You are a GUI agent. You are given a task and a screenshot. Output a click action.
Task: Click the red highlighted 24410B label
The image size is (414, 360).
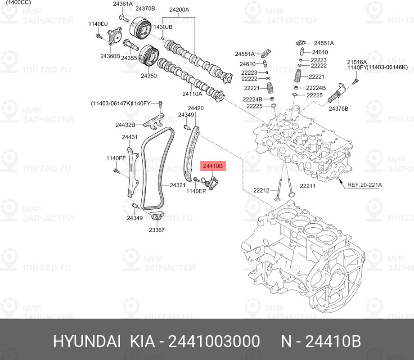(213, 166)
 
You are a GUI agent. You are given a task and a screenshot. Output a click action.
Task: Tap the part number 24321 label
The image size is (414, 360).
(178, 185)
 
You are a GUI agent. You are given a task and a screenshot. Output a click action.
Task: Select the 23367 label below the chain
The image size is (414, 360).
(157, 230)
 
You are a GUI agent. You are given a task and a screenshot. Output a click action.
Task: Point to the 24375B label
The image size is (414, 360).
(338, 108)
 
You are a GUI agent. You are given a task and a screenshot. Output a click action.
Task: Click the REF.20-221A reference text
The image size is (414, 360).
(364, 184)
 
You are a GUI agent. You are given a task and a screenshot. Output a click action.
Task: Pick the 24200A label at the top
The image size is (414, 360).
(179, 10)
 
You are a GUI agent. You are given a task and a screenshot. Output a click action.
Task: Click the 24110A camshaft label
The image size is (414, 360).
(192, 94)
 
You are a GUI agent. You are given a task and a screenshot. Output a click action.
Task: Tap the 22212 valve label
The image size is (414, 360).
(261, 190)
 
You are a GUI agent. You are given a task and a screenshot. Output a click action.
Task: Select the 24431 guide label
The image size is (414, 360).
(130, 137)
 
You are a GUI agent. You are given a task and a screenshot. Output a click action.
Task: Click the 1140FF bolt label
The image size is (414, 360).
(116, 158)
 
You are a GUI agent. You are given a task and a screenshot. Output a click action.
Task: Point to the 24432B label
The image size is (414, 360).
(125, 125)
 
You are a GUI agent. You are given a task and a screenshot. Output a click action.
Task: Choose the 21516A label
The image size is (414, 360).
(357, 62)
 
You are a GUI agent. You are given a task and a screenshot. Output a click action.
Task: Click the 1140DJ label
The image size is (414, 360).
(98, 24)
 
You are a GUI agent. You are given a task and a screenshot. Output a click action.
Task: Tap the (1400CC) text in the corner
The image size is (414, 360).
(18, 3)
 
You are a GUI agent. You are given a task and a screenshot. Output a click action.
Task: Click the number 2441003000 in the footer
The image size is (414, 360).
(214, 341)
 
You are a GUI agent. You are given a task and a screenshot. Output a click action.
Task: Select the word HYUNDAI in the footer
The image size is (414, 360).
(87, 341)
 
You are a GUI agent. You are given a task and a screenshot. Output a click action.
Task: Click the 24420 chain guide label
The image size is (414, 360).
(196, 108)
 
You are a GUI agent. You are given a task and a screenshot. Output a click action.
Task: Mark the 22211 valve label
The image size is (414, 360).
(308, 186)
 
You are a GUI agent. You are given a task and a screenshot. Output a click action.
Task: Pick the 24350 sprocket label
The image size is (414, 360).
(148, 76)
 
